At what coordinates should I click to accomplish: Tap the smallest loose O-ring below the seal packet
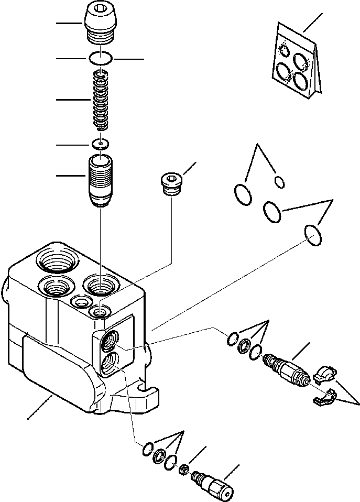click(x=280, y=182)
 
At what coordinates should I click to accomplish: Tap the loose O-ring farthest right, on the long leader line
click(x=312, y=235)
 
